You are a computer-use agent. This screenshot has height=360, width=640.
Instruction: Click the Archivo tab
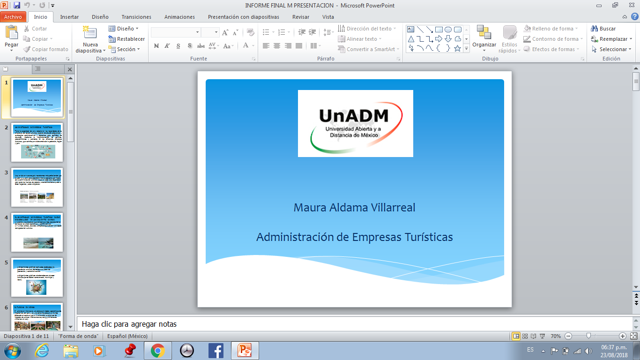[13, 17]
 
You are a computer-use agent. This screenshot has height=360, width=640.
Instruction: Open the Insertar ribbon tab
[69, 17]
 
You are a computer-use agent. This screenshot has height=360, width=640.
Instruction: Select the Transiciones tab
[136, 17]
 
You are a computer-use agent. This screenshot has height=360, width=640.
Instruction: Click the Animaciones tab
[179, 17]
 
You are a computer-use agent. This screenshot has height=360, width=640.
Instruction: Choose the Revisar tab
[301, 17]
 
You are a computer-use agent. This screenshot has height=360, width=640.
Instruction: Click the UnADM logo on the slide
[355, 123]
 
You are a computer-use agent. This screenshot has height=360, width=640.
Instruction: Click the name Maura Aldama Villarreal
[354, 207]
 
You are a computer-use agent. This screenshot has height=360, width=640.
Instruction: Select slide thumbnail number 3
[37, 187]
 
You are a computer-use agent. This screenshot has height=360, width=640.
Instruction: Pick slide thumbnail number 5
[37, 277]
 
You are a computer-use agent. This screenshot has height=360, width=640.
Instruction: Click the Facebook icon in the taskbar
[216, 350]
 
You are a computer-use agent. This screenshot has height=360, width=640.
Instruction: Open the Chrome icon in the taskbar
[157, 350]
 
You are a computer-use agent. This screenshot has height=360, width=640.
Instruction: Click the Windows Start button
[13, 350]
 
